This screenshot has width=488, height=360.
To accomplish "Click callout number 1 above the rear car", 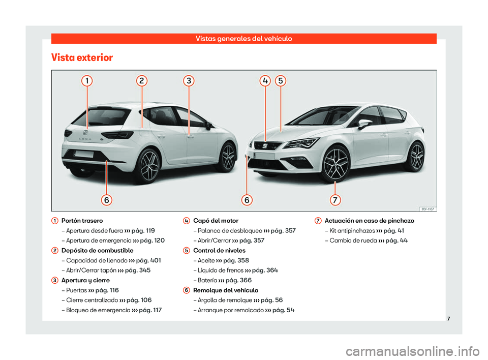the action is [87, 81].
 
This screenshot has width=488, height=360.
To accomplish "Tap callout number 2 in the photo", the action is [142, 81].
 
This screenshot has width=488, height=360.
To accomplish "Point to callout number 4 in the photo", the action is [265, 81].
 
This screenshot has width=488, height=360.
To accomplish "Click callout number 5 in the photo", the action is [280, 81].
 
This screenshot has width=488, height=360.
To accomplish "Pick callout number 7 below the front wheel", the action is [335, 200].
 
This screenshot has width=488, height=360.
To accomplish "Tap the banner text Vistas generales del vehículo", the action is [244, 39].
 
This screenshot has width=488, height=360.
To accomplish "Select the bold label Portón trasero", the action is [82, 221].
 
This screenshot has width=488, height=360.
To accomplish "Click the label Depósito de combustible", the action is [97, 251].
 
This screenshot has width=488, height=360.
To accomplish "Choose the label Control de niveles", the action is [220, 251].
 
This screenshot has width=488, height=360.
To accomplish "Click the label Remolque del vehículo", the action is [226, 290].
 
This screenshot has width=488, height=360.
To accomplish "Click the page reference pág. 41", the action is [394, 231].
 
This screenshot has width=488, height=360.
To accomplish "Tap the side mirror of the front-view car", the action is [364, 124].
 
